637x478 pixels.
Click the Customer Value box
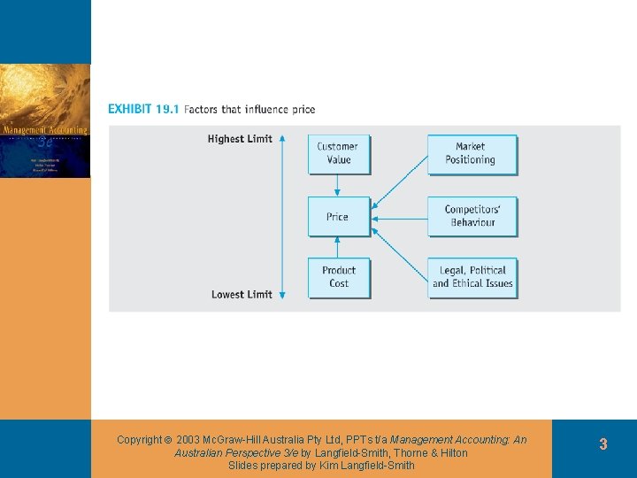point(338,153)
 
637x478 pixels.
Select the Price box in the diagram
point(338,217)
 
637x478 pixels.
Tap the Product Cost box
point(338,277)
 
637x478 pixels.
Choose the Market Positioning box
point(472,153)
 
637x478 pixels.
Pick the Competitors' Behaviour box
point(472,216)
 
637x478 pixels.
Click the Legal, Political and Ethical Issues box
point(472,277)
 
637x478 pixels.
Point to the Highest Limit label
point(240,139)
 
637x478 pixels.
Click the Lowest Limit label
point(242,295)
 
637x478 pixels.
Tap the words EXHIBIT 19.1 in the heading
point(142,110)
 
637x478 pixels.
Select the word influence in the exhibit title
point(267,110)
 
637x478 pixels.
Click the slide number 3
point(602,444)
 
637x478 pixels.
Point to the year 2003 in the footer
point(188,440)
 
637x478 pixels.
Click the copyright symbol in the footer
point(168,440)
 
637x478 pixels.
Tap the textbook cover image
point(45,121)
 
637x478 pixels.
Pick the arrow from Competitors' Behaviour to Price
point(400,217)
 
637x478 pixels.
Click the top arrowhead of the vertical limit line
point(281,139)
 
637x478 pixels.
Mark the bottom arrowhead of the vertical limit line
point(281,295)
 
